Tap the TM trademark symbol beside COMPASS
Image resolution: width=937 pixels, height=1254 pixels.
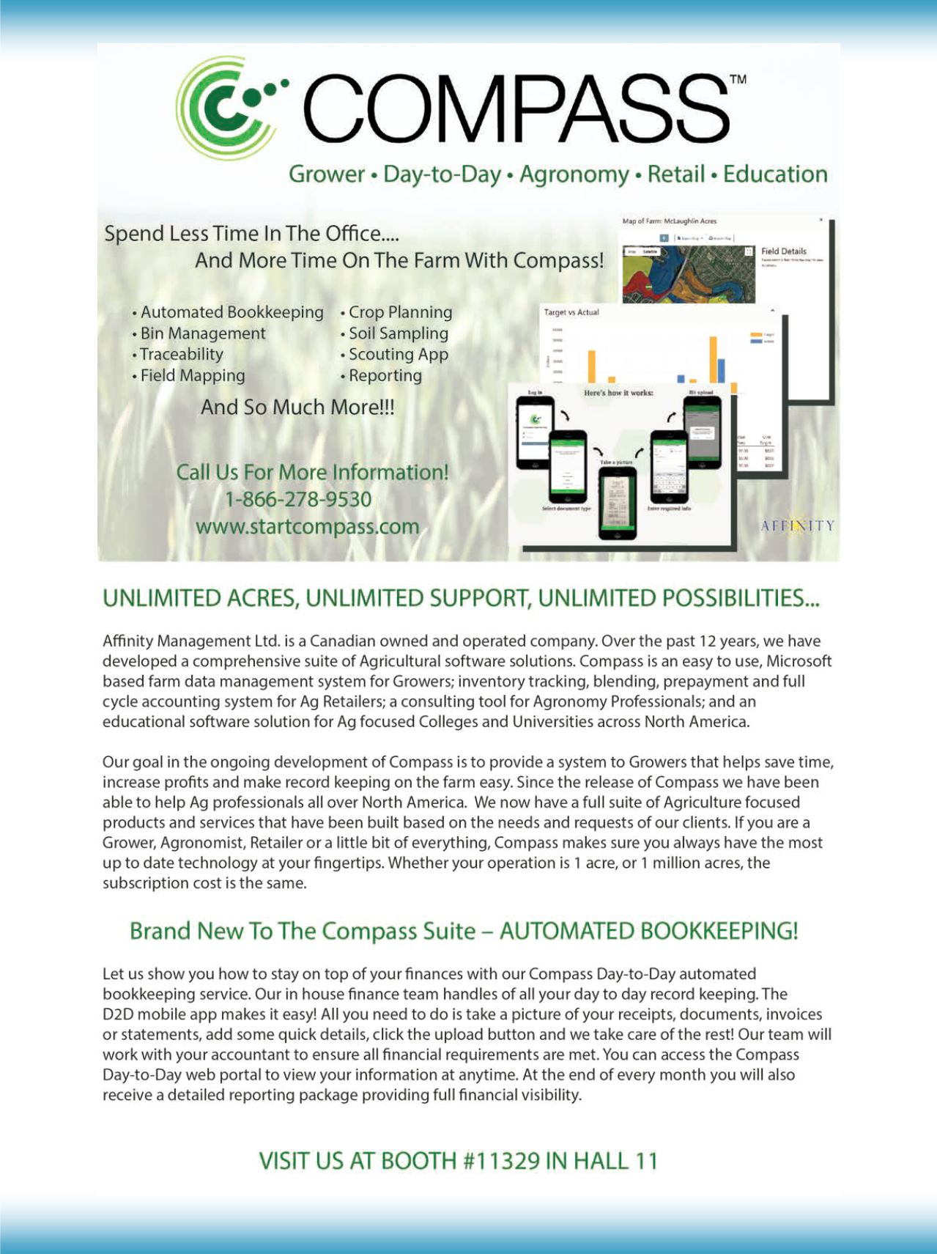coord(738,79)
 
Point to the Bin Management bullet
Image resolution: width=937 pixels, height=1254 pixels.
coord(202,333)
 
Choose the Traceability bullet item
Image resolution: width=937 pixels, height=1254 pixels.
coord(181,355)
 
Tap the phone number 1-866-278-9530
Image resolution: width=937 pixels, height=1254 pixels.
coord(298,499)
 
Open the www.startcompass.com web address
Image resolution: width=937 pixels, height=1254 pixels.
coord(307,526)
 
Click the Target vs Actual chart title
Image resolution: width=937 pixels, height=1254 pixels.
coord(571,312)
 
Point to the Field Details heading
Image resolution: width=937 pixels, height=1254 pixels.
coord(783,251)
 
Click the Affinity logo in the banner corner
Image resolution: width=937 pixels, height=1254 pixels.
coord(797,525)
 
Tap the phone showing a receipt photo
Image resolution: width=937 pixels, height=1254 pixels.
coord(617,503)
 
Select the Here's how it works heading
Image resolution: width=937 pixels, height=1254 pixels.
coord(618,393)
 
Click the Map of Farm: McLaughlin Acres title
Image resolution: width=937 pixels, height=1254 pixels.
coord(669,221)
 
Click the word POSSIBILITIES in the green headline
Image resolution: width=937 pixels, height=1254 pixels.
coord(740,598)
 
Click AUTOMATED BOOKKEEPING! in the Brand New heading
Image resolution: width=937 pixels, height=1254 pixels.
coord(648,931)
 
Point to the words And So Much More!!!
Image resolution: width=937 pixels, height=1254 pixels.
coord(297,407)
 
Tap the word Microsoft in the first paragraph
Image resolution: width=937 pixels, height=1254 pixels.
coord(799,661)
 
